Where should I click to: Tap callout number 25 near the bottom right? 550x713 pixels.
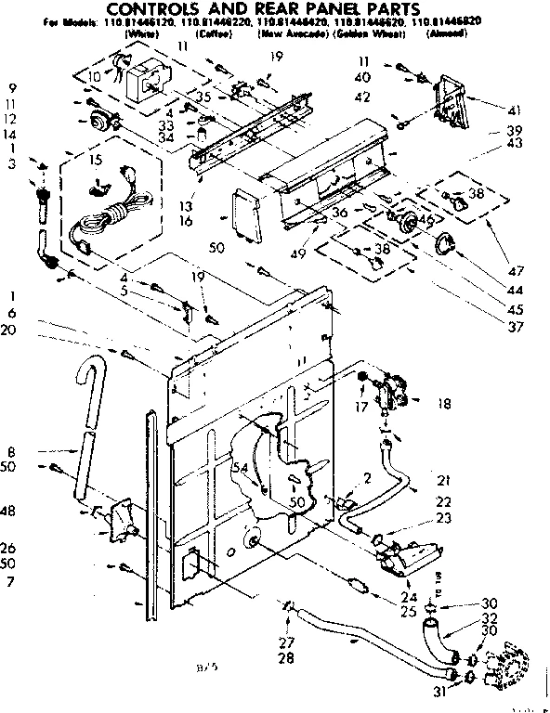[408, 611]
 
